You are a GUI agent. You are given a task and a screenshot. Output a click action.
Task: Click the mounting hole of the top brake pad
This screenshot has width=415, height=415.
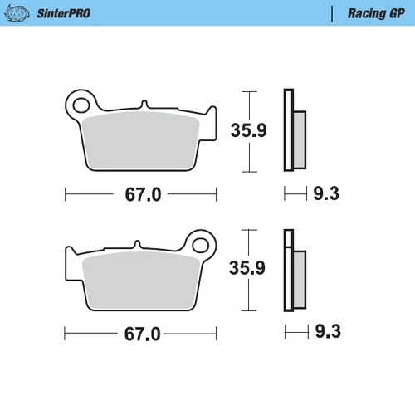[81, 105]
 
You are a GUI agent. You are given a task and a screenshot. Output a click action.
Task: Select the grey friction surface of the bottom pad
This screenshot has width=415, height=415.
[139, 283]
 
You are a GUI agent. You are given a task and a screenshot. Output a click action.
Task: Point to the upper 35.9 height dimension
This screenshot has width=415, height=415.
[248, 129]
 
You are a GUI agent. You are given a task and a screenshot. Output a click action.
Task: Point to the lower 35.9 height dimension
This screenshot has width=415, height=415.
[248, 268]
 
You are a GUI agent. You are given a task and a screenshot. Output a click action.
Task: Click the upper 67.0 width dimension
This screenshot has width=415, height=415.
[141, 196]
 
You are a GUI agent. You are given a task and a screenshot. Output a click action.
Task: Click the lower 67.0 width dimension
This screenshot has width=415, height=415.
[141, 335]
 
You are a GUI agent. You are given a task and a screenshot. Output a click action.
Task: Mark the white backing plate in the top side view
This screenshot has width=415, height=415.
[288, 129]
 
